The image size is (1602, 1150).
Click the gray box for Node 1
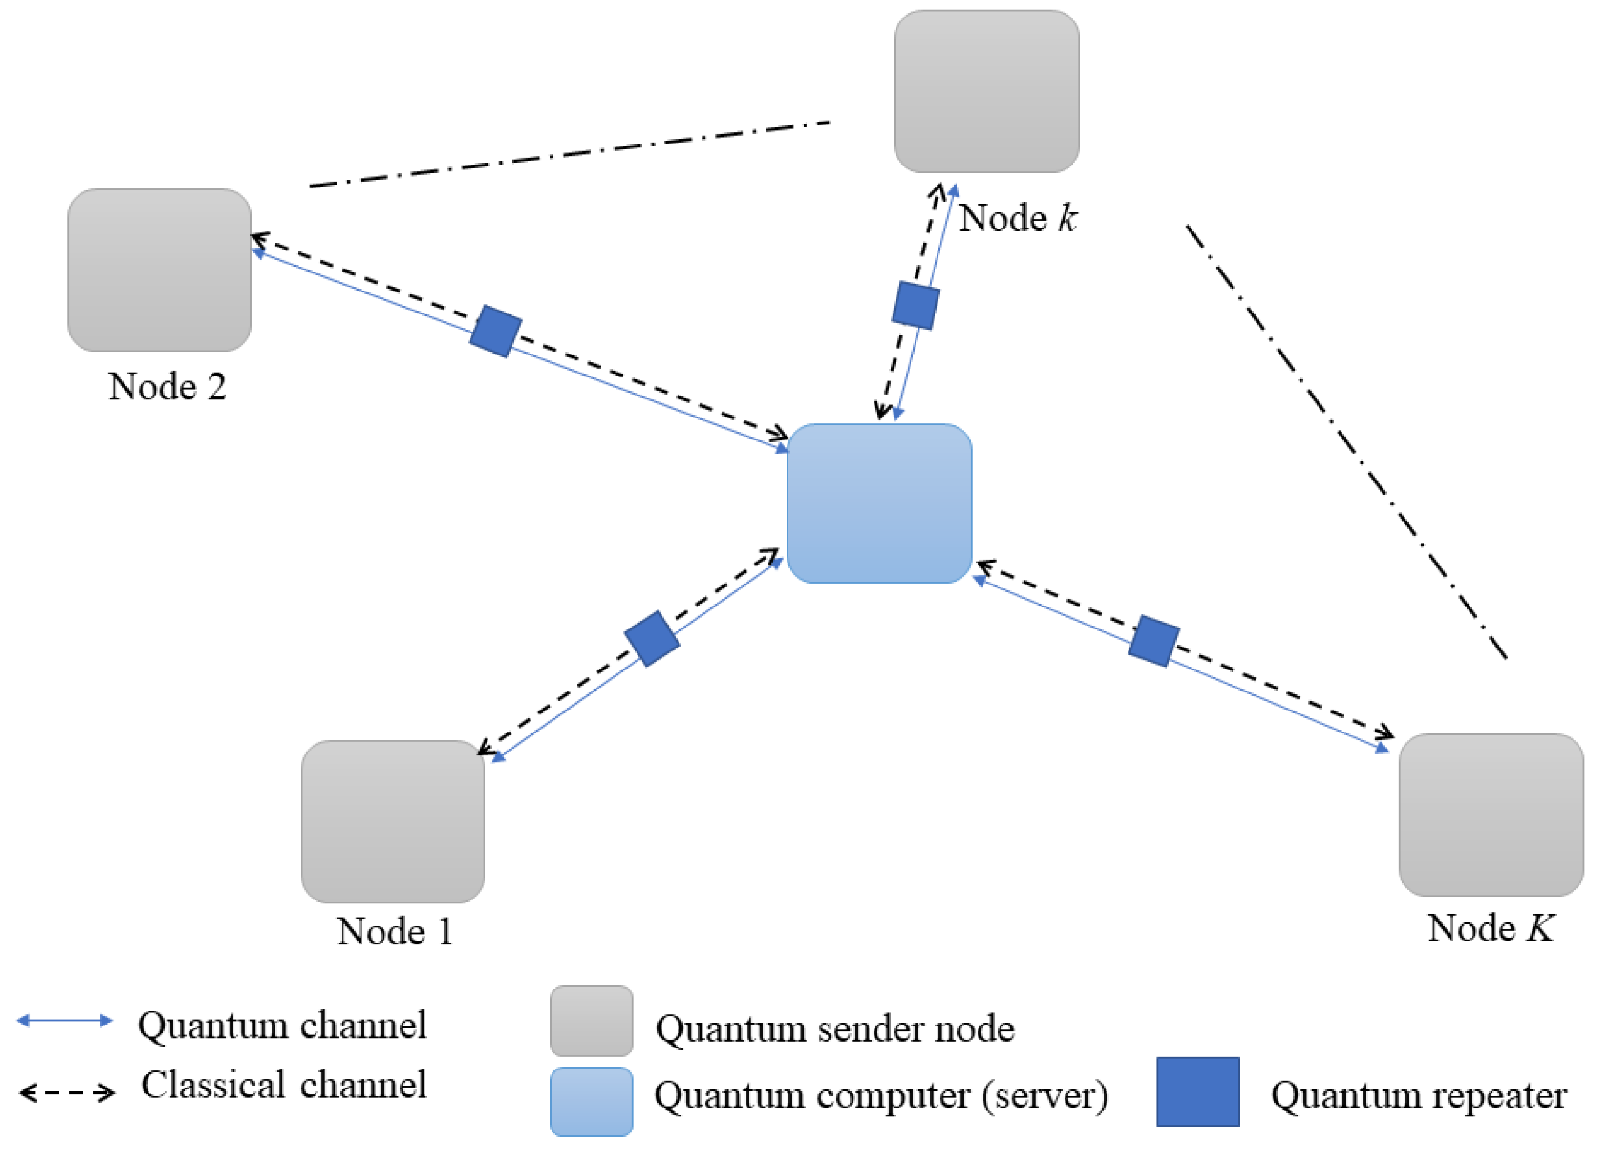pos(393,822)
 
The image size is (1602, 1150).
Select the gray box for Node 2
pos(160,270)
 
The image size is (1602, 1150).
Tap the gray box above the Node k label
pos(987,91)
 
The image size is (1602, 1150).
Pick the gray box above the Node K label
pos(1491,815)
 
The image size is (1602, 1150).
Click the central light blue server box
pos(880,503)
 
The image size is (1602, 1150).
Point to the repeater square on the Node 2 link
pos(496,331)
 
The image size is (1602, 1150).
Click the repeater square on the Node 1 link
pos(652,638)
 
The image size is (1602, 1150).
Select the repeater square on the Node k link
pos(915,305)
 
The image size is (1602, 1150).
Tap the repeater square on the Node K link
pos(1153,641)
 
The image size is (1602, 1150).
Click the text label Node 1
pos(394,931)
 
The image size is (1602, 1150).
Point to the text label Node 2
pos(167,386)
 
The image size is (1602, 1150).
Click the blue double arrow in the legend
pos(65,1020)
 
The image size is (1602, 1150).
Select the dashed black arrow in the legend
pos(67,1094)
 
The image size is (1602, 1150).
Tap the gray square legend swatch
pos(591,1021)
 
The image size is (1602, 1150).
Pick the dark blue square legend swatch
pos(1198,1091)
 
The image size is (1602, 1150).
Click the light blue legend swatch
pos(591,1102)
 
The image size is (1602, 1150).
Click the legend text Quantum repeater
pos(1419,1096)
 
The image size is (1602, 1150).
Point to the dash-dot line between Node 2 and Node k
pos(569,155)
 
